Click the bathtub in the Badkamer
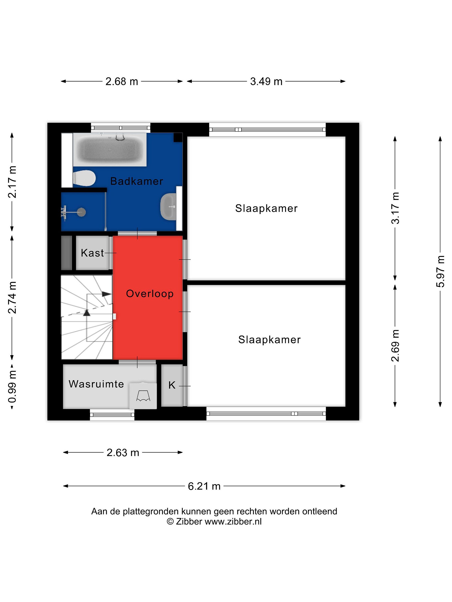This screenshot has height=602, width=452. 110,149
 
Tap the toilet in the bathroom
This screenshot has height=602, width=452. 84,179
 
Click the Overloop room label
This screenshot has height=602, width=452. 150,294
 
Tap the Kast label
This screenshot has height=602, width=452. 92,253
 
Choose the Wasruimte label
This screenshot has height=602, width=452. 96,384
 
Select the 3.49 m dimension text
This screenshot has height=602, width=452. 266,81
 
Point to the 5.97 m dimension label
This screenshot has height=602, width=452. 440,271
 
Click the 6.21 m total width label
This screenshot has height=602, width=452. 204,486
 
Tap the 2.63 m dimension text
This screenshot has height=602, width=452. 123,453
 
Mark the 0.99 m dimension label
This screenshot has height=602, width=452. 12,387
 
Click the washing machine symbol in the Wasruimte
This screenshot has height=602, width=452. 143,396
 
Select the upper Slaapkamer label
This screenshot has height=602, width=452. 266,208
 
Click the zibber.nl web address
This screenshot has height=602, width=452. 233,522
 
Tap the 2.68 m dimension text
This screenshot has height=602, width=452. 122,81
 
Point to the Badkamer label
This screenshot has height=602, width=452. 136,181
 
